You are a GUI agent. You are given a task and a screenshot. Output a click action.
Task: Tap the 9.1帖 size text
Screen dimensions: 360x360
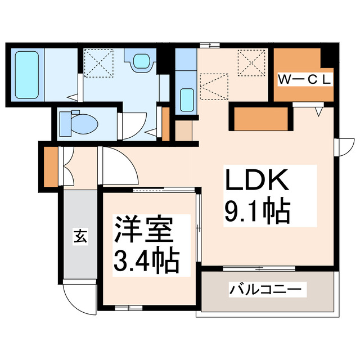pos(257,212)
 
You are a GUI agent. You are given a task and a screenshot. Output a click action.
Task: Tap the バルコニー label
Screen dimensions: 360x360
pos(267,291)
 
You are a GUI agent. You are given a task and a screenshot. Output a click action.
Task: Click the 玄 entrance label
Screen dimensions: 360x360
pos(80,237)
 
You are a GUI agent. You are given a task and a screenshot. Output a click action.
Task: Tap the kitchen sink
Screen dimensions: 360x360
pos(186,100)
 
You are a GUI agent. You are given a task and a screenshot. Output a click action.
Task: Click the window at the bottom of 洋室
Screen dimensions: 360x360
pos(129,307)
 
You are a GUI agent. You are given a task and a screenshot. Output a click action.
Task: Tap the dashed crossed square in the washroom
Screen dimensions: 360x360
pos(99,64)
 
